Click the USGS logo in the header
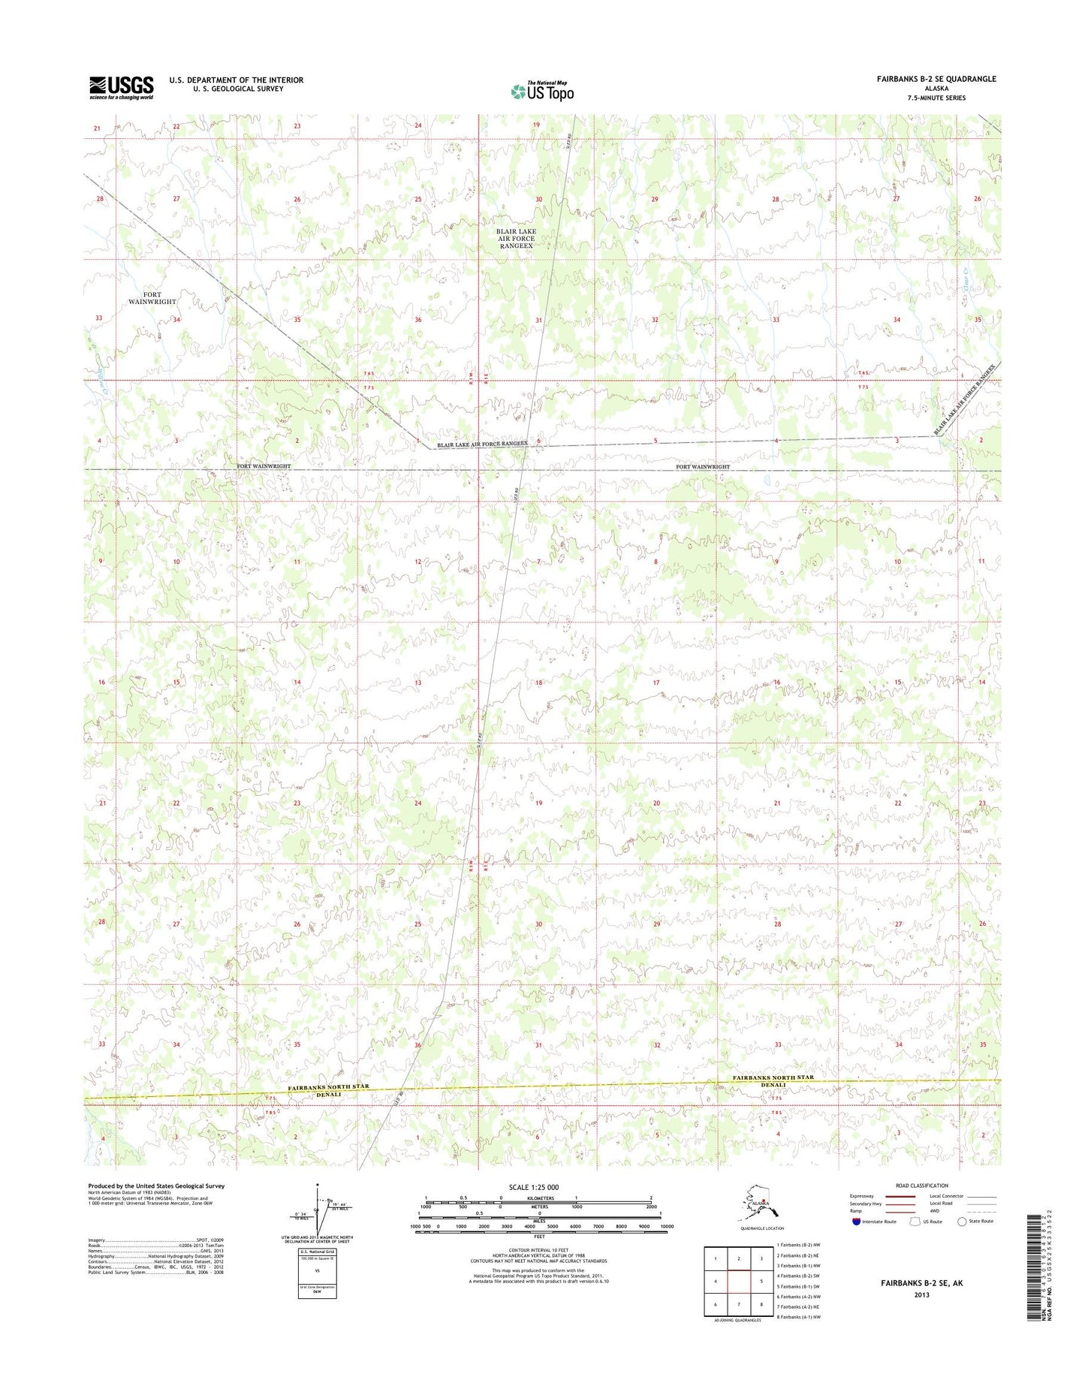[121, 87]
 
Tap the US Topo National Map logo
[542, 91]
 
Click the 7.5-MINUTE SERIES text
[935, 98]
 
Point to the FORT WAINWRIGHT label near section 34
[152, 298]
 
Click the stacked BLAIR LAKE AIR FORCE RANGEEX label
[516, 238]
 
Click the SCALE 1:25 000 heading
[533, 1187]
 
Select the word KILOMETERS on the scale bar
[538, 1198]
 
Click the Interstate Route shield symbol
[856, 1222]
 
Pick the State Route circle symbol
[962, 1222]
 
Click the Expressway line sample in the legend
[900, 1197]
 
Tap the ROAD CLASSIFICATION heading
[922, 1186]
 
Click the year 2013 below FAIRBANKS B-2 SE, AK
[921, 1294]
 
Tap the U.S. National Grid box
[318, 1274]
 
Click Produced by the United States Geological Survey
[156, 1186]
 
